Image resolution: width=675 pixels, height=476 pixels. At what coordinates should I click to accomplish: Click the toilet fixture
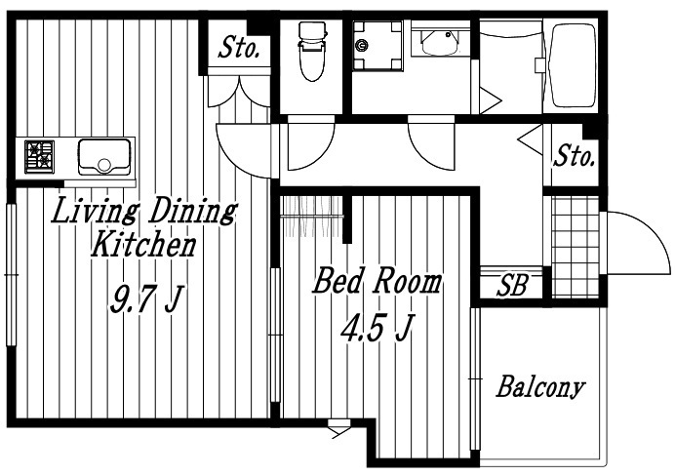tap(312, 51)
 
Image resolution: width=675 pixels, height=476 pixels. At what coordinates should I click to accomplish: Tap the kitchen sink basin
tap(104, 157)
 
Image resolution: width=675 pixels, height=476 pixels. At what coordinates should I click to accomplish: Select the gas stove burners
tap(40, 157)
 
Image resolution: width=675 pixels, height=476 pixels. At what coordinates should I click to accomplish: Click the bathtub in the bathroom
tap(574, 65)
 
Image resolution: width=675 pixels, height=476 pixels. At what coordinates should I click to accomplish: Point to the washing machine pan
tap(377, 46)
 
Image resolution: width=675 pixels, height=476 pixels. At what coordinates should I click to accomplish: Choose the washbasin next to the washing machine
tap(440, 42)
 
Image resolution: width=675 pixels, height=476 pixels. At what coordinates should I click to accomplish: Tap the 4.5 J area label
tap(377, 328)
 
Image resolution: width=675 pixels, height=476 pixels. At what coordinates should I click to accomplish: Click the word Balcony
tap(540, 387)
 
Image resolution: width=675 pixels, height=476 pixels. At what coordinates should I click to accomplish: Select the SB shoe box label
tap(512, 285)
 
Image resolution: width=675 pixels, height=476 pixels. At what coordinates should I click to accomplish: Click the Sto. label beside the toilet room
tap(239, 48)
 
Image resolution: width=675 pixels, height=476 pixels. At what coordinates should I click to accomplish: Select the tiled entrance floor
tap(576, 247)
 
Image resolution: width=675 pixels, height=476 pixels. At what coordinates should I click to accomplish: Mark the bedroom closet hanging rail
tap(312, 216)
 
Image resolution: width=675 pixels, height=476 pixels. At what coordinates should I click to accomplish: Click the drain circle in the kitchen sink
tap(104, 165)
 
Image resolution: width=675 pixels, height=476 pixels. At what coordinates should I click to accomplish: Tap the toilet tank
tap(312, 30)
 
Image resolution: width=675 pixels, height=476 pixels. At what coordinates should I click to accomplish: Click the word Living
tap(95, 211)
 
